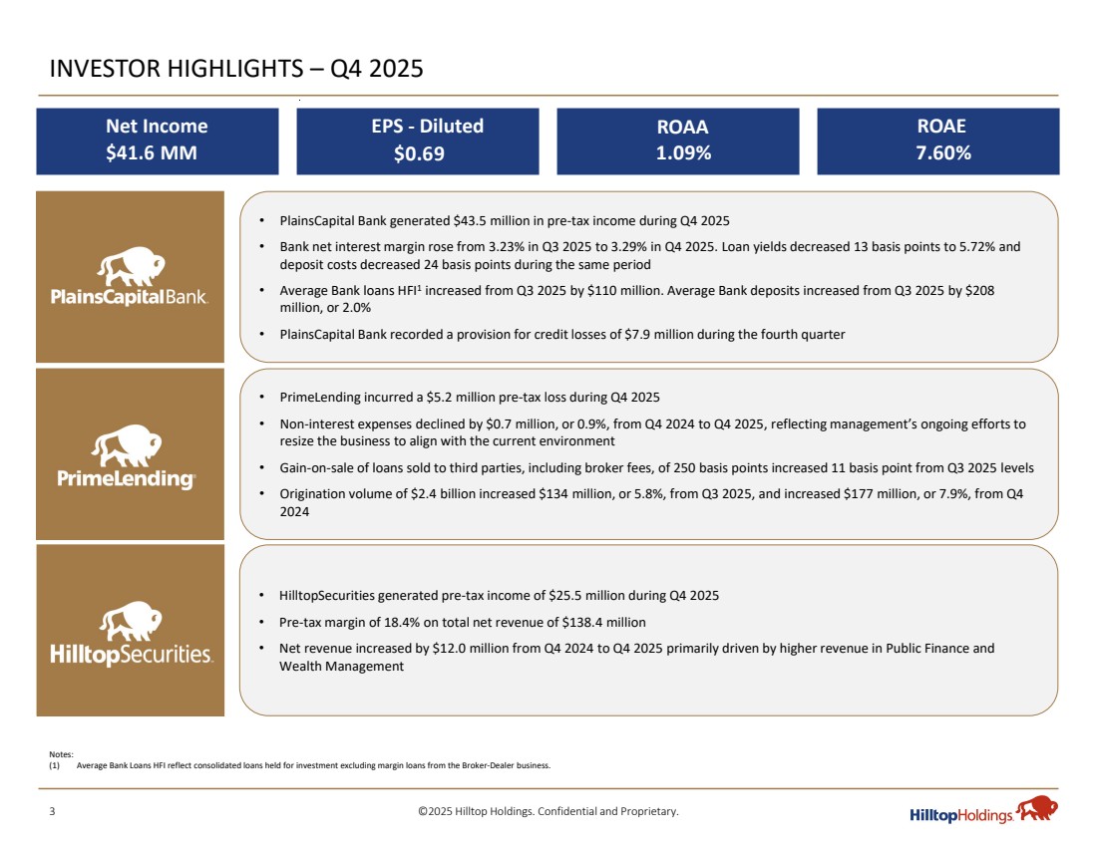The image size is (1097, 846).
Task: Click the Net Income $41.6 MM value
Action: pyautogui.click(x=157, y=153)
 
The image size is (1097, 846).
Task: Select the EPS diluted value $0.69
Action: pyautogui.click(x=418, y=153)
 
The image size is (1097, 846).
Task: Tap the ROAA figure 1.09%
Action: pyautogui.click(x=677, y=153)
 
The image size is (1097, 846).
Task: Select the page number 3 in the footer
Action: pyautogui.click(x=53, y=811)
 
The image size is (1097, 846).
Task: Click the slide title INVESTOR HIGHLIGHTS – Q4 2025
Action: pyautogui.click(x=237, y=69)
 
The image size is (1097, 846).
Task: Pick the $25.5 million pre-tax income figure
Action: pyautogui.click(x=589, y=596)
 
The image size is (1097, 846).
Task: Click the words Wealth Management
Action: pyautogui.click(x=342, y=667)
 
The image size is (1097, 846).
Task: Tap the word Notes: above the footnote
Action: pyautogui.click(x=60, y=756)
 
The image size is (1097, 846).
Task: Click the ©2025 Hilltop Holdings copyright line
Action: pyautogui.click(x=548, y=811)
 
